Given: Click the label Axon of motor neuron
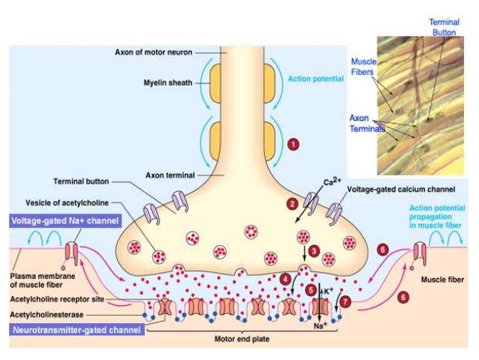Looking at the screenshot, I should coord(153,53).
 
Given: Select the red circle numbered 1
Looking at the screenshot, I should coord(293,142).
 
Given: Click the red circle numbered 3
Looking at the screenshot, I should coord(315,250).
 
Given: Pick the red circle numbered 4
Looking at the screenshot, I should coord(286,279).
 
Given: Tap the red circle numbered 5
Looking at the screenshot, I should coord(311,289).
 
